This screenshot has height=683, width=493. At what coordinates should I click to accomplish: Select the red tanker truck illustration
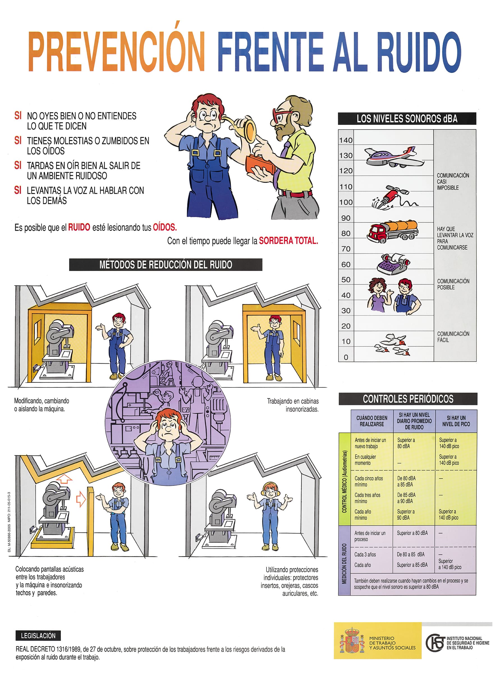[x=392, y=231]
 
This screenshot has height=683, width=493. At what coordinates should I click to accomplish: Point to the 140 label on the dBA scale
[x=346, y=140]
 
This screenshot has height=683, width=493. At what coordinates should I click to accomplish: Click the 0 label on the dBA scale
[x=346, y=357]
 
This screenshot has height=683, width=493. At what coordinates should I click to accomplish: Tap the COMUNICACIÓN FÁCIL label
[x=453, y=337]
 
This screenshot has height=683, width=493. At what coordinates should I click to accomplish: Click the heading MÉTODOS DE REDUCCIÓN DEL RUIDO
[x=166, y=265]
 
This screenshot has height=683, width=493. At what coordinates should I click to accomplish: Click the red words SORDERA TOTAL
[x=288, y=241]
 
